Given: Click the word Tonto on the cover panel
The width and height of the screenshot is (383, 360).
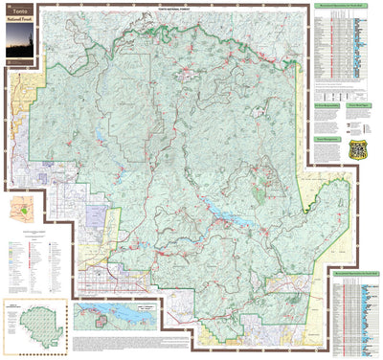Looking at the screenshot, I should click(x=19, y=11).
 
